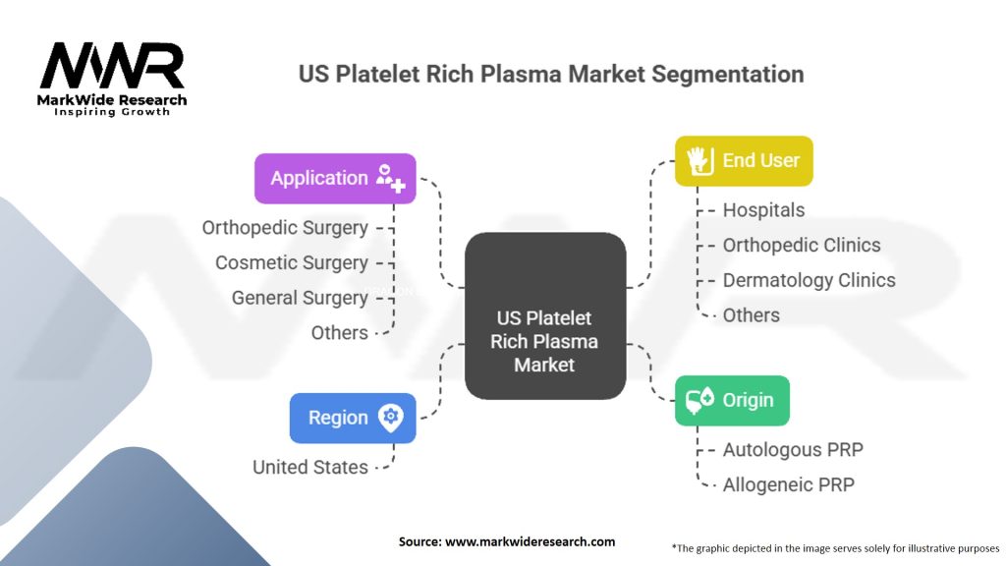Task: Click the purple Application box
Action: pyautogui.click(x=335, y=178)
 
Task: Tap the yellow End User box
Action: pyautogui.click(x=744, y=160)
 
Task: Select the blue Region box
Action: pyautogui.click(x=353, y=418)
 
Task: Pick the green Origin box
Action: pyautogui.click(x=732, y=400)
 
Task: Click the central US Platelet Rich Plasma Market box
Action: pyautogui.click(x=545, y=316)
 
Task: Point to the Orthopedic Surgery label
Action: pyautogui.click(x=285, y=228)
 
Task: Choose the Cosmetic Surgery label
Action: pyautogui.click(x=292, y=262)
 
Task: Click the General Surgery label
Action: pyautogui.click(x=300, y=298)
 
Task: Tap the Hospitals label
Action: pyautogui.click(x=763, y=210)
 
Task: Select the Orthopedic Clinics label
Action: pyautogui.click(x=802, y=245)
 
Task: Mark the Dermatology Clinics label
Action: pyautogui.click(x=809, y=280)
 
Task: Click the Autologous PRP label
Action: pyautogui.click(x=793, y=450)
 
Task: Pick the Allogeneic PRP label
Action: pyautogui.click(x=788, y=484)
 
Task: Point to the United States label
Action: pyautogui.click(x=310, y=467)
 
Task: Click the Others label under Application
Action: pyautogui.click(x=340, y=332)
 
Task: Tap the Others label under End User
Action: pyautogui.click(x=752, y=314)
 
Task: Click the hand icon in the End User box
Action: pyautogui.click(x=698, y=161)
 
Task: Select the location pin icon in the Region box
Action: pyautogui.click(x=391, y=418)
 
